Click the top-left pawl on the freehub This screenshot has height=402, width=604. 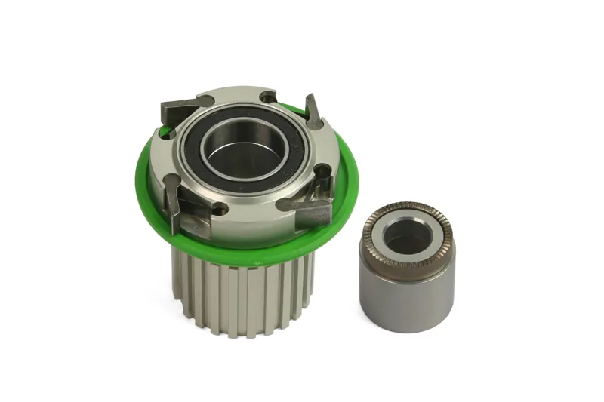pos(181,108)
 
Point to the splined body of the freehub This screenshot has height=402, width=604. pos(242,294)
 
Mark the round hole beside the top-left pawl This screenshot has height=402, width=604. pos(165,132)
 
